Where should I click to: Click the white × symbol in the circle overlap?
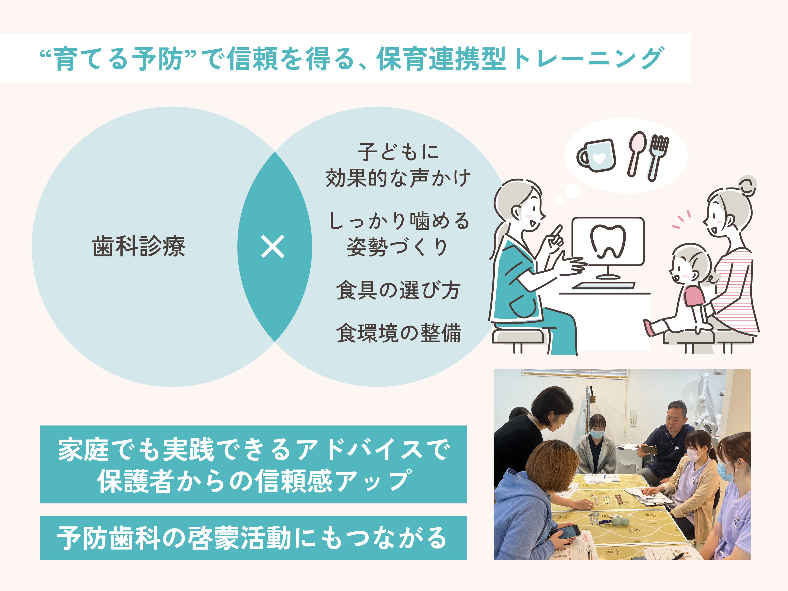[273, 246]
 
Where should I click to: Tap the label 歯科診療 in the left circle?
[139, 246]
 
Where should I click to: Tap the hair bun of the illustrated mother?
[747, 185]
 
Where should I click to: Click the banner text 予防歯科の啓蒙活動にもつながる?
[253, 538]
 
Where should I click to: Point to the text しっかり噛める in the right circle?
[398, 221]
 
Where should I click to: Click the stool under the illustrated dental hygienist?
[518, 337]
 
